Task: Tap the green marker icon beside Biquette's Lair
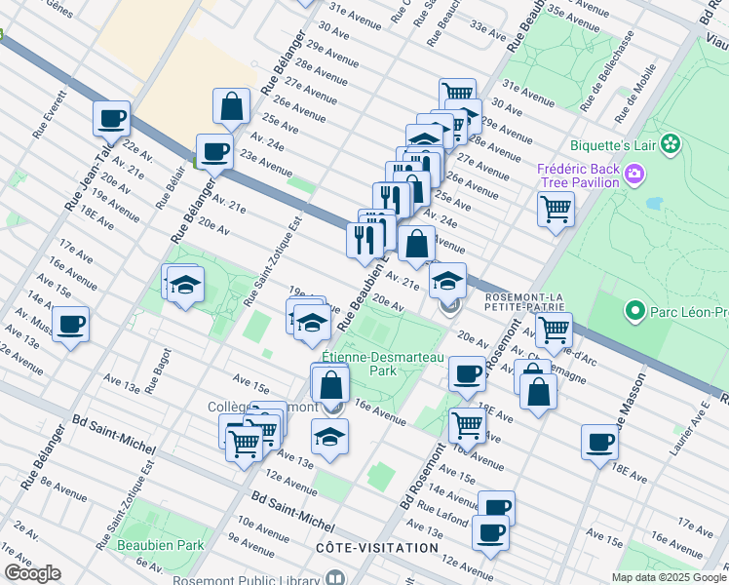[x=670, y=145]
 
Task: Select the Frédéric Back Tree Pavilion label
[x=579, y=175]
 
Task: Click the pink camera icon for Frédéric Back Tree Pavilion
[x=635, y=175]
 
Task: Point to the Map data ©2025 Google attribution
[x=668, y=577]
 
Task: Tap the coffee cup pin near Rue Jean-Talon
[x=112, y=119]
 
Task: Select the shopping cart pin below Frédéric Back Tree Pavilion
[x=556, y=207]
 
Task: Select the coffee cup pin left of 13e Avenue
[x=70, y=325]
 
